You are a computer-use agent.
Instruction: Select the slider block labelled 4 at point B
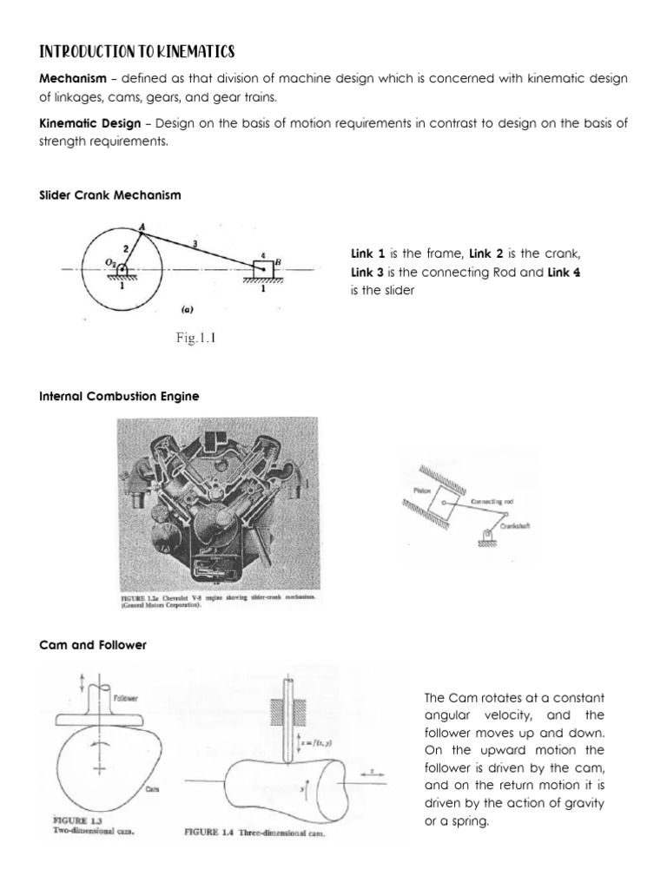[x=261, y=267]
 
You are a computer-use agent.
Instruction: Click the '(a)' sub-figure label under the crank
[x=186, y=307]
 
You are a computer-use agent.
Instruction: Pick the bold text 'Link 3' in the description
[x=366, y=273]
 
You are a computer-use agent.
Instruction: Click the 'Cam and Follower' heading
[x=91, y=645]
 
